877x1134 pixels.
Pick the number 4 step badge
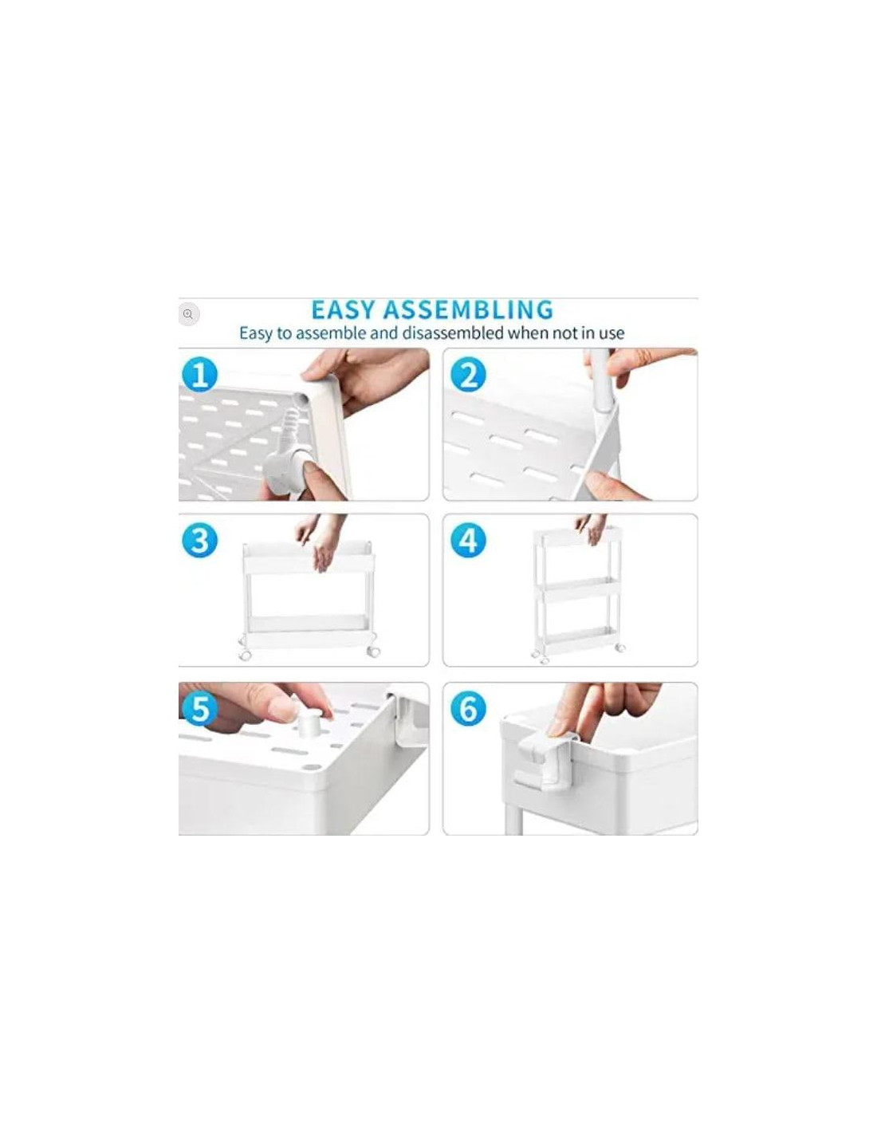point(469,540)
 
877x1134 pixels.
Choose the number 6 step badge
point(469,709)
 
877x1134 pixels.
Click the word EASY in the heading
point(344,309)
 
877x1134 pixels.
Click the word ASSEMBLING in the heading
point(469,309)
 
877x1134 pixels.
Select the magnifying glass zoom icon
point(188,314)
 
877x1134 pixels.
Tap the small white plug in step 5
point(309,723)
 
